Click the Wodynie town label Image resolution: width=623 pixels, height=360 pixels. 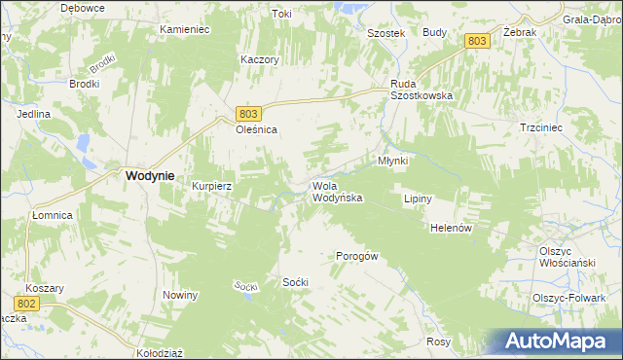(150, 176)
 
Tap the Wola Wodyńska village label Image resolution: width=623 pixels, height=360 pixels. (337, 192)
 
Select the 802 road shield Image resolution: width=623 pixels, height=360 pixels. (27, 305)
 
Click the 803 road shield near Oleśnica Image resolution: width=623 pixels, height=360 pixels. (248, 114)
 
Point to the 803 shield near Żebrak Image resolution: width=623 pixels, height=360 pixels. (476, 40)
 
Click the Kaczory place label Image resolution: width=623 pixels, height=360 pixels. (260, 59)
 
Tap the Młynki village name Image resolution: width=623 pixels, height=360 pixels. (391, 160)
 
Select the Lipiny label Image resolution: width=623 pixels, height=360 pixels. (417, 198)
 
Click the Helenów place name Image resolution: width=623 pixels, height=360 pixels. (451, 228)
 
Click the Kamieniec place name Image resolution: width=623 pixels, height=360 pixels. (185, 30)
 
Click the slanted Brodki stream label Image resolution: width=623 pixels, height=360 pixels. (102, 64)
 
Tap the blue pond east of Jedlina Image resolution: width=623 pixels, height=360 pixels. (83, 146)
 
